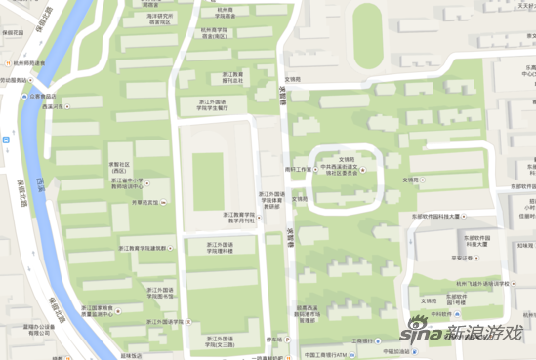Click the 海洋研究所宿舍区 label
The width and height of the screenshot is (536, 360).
point(162,18)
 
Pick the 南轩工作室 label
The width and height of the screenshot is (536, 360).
point(299,168)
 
